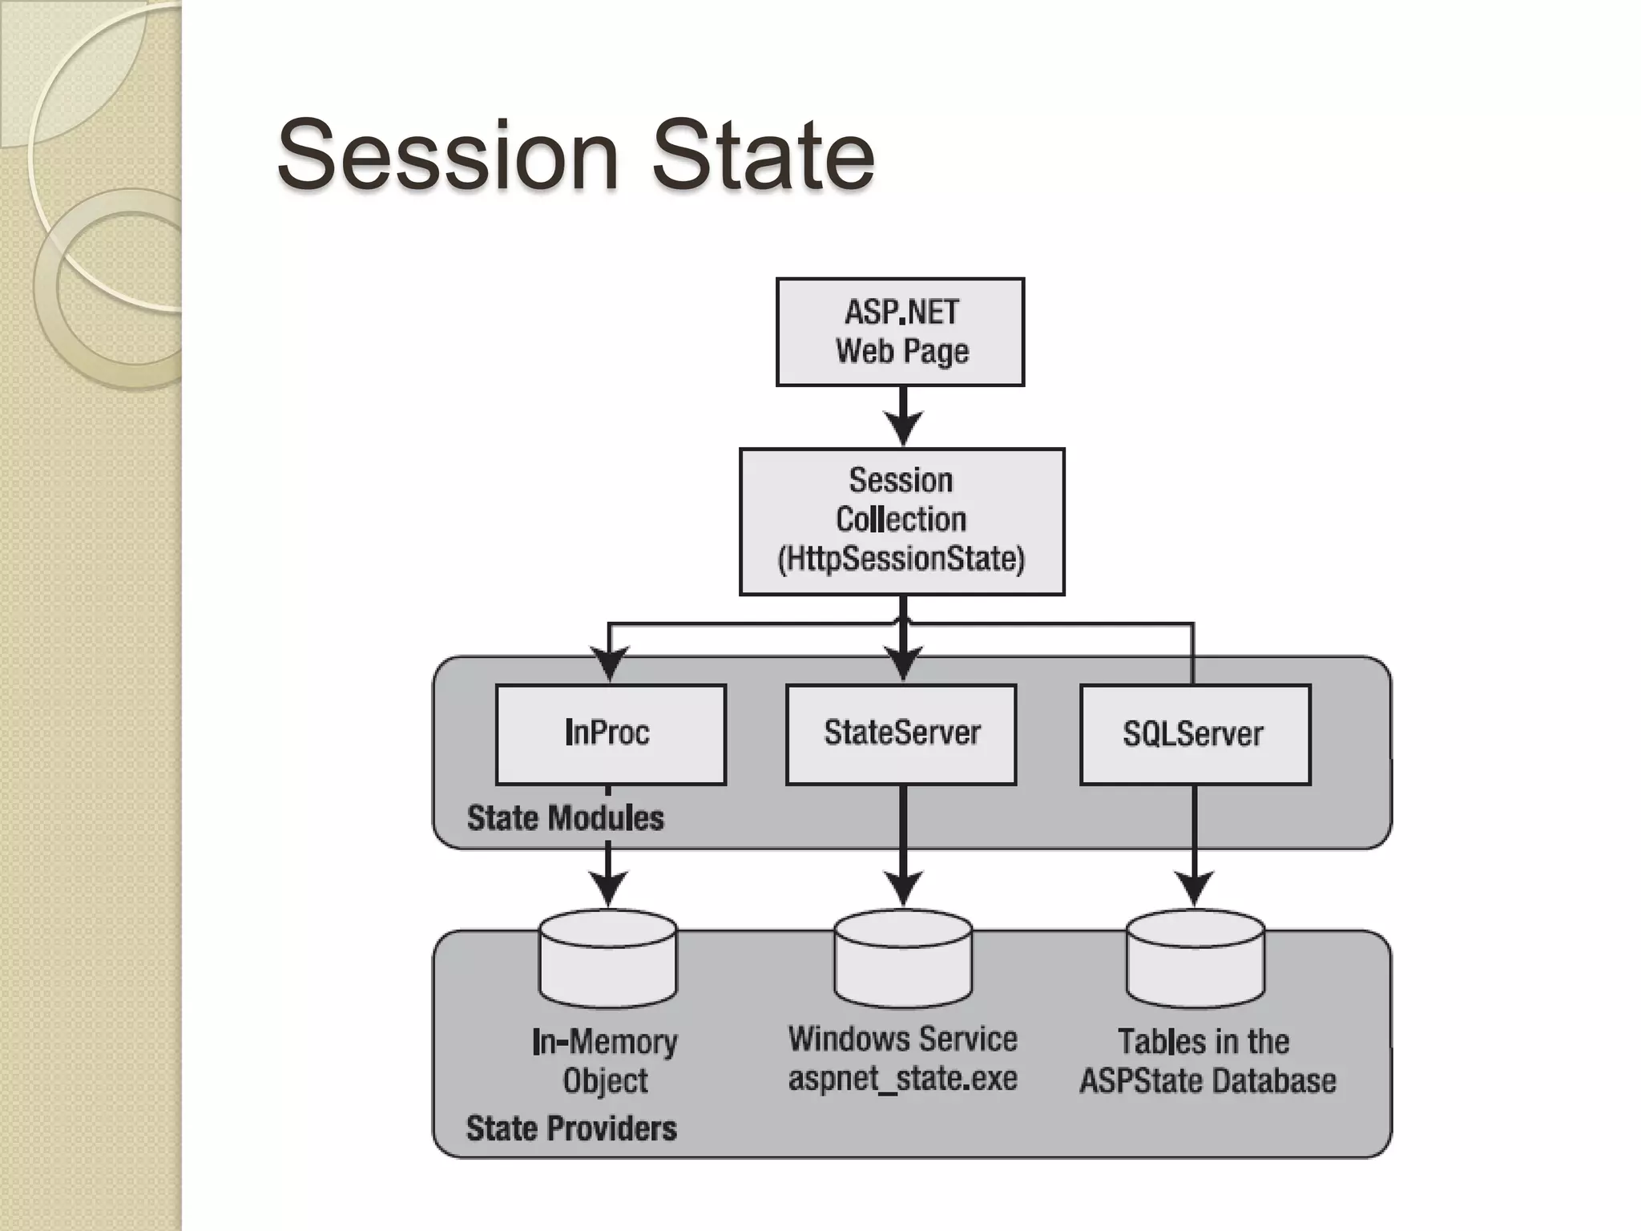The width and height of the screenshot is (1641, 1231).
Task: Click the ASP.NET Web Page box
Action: tap(900, 332)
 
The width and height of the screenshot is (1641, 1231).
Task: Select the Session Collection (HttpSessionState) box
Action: tap(901, 521)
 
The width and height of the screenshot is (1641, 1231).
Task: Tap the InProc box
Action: tap(611, 733)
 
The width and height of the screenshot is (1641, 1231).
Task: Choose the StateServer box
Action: tap(901, 733)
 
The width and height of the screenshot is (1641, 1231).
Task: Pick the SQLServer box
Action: tap(1195, 733)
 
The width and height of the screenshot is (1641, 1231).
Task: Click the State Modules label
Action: tap(565, 818)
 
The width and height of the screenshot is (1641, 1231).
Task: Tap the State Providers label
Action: tap(571, 1128)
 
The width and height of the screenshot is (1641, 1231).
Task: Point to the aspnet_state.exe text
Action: tap(902, 1079)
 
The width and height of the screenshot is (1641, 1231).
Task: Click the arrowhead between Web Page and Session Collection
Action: tap(903, 427)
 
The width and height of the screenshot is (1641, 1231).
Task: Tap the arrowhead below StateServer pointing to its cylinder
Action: tap(903, 888)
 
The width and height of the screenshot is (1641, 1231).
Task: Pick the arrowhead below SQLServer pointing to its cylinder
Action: tap(1195, 888)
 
